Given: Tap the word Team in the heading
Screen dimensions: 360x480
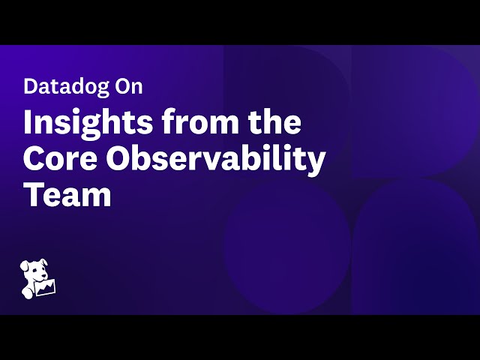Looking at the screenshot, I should tap(67, 194).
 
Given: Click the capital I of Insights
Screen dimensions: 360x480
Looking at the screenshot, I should tap(28, 122).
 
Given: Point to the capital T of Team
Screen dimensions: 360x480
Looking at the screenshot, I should tap(32, 194).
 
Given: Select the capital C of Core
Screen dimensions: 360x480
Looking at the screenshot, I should tap(34, 158).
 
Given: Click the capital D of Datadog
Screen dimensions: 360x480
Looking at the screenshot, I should tap(29, 86).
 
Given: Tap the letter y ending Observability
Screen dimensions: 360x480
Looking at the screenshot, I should tap(318, 163).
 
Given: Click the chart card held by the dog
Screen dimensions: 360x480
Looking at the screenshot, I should tap(46, 288).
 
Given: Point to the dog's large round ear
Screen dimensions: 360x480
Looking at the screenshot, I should tap(26, 269).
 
